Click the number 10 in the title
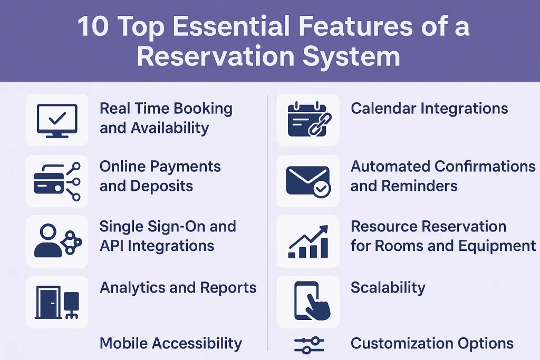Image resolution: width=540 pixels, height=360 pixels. [93, 26]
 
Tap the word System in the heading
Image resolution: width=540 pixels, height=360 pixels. [351, 57]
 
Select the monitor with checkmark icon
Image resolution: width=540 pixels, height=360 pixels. [57, 121]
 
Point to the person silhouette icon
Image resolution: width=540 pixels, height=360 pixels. [48, 240]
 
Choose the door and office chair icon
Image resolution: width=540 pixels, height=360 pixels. [57, 302]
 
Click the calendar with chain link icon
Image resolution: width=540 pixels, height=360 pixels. [309, 119]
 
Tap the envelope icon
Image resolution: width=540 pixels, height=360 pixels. [308, 181]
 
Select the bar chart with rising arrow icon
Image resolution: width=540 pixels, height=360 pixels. [308, 241]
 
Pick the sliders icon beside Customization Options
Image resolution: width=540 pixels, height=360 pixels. [309, 345]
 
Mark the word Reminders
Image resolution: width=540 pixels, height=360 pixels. [419, 186]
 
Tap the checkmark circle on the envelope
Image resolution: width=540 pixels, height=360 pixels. [322, 188]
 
